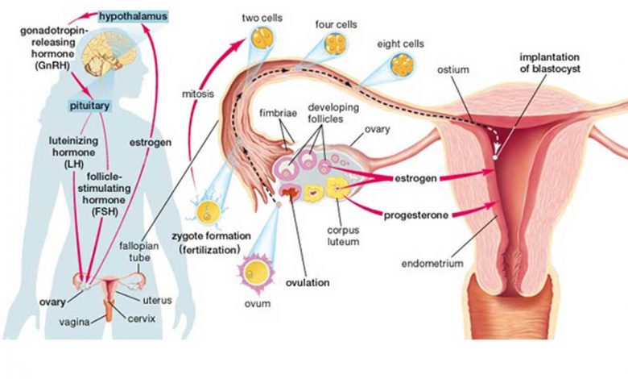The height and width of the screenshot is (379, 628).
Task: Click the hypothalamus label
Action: coord(134,17)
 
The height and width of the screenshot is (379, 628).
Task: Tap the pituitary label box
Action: coord(89,106)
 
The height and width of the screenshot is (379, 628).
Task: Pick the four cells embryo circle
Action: coord(335,44)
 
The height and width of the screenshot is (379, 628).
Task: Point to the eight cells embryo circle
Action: coord(402,65)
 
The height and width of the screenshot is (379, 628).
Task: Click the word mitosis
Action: coord(198,94)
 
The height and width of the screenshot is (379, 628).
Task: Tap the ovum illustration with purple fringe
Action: coord(256,273)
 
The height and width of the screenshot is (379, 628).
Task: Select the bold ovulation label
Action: coord(308,283)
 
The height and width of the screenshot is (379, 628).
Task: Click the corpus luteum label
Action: coord(343,236)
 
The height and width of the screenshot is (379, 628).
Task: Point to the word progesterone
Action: coord(416,215)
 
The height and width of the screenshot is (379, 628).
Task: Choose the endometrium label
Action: coord(432,264)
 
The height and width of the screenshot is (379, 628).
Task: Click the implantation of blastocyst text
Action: coord(549,63)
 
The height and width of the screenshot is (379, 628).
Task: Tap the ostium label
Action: coord(452,69)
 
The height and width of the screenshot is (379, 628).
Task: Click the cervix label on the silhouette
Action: coord(142,319)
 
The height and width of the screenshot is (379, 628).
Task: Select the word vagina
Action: coord(75,322)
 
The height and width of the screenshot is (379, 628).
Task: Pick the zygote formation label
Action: coord(212,235)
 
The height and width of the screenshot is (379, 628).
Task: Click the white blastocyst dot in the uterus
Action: coord(495,157)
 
